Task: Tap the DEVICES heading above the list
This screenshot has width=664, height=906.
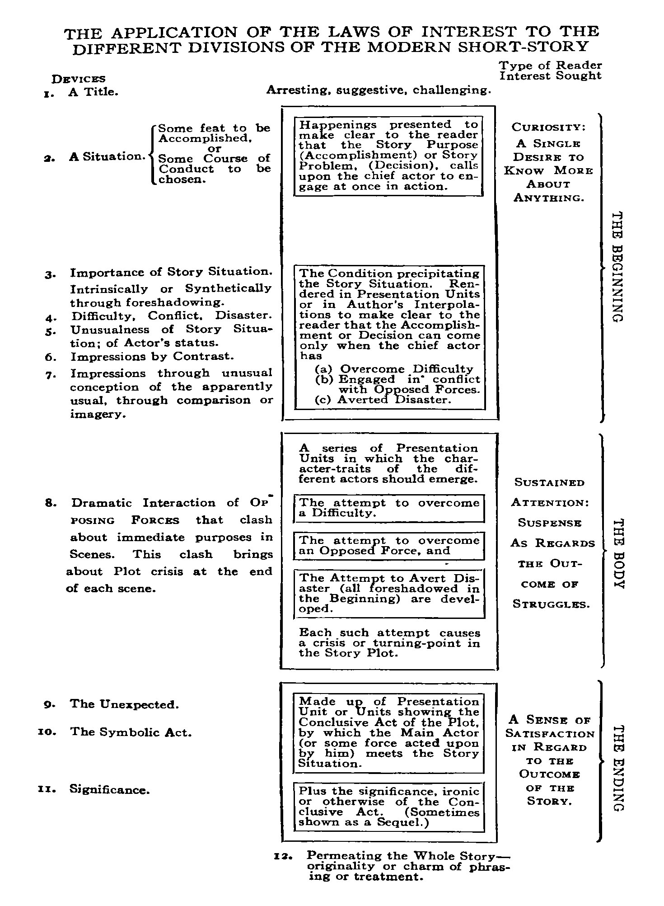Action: [79, 80]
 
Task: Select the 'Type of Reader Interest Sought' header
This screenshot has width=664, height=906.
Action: [550, 71]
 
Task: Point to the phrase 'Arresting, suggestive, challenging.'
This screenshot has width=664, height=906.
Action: [379, 90]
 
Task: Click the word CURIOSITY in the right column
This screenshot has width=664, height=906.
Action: [548, 127]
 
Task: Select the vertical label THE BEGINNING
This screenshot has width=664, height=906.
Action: [617, 267]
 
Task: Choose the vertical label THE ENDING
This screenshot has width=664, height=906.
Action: [617, 768]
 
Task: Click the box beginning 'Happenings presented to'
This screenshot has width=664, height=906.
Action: [388, 156]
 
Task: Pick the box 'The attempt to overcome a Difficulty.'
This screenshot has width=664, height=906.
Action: [389, 508]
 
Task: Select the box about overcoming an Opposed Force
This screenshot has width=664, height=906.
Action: [389, 546]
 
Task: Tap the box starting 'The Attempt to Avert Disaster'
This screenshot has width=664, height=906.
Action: [389, 594]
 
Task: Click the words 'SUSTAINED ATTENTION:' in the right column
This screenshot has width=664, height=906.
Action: [550, 493]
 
